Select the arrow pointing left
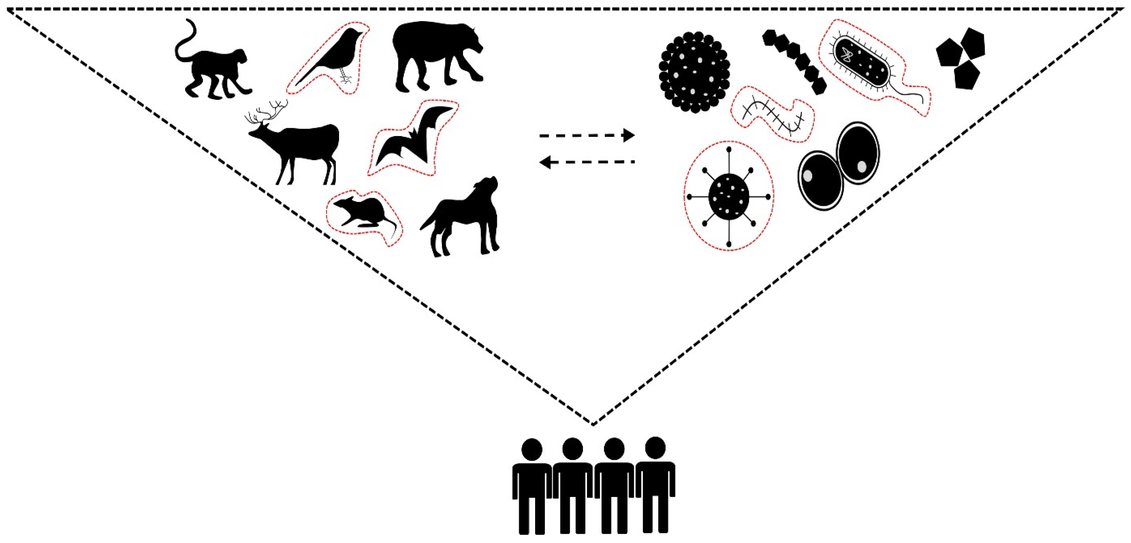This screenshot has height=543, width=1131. tap(586, 163)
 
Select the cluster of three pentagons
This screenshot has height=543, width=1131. tap(961, 57)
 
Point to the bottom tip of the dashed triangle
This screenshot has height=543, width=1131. tap(593, 424)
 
